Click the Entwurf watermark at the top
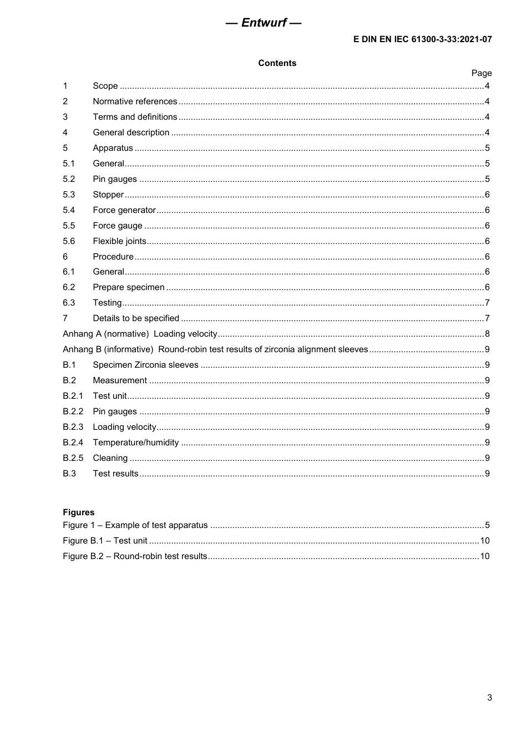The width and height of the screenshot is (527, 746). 263,23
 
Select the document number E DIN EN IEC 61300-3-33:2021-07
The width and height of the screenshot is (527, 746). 422,39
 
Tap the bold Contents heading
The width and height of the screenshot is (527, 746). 277,63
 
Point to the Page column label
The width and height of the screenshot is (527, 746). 481,73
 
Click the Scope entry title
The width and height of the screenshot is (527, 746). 105,86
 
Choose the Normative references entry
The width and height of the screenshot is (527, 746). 135,102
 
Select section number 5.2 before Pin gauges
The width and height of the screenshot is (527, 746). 69,179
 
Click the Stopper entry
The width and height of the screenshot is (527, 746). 108,195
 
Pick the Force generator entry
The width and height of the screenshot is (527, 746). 124,210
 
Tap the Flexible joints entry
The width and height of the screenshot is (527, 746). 119,241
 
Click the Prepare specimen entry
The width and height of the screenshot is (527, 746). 129,287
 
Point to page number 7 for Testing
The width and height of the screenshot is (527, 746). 487,303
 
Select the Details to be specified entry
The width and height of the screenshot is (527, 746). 136,318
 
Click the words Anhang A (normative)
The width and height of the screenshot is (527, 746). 105,334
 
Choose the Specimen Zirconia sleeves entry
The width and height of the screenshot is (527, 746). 145,365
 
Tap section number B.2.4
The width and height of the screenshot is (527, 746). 73,443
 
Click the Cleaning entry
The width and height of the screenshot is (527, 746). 110,458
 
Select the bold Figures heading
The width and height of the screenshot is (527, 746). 79,512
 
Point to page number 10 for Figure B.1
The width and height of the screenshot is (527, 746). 484,541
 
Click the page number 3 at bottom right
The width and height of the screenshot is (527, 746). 489,698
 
